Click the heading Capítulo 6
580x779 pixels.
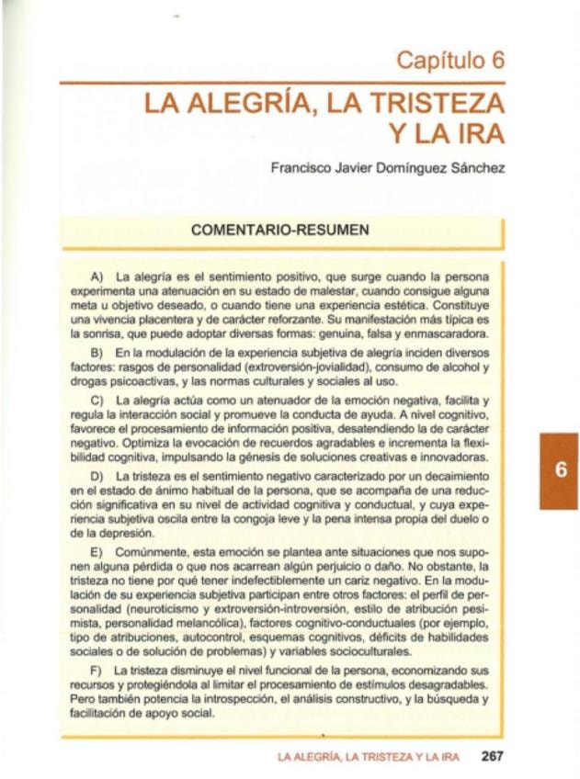tap(450, 61)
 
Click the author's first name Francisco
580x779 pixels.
tap(303, 168)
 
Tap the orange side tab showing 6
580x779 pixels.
tap(558, 469)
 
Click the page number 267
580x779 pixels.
tap(493, 757)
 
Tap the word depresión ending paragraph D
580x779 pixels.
tap(120, 532)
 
